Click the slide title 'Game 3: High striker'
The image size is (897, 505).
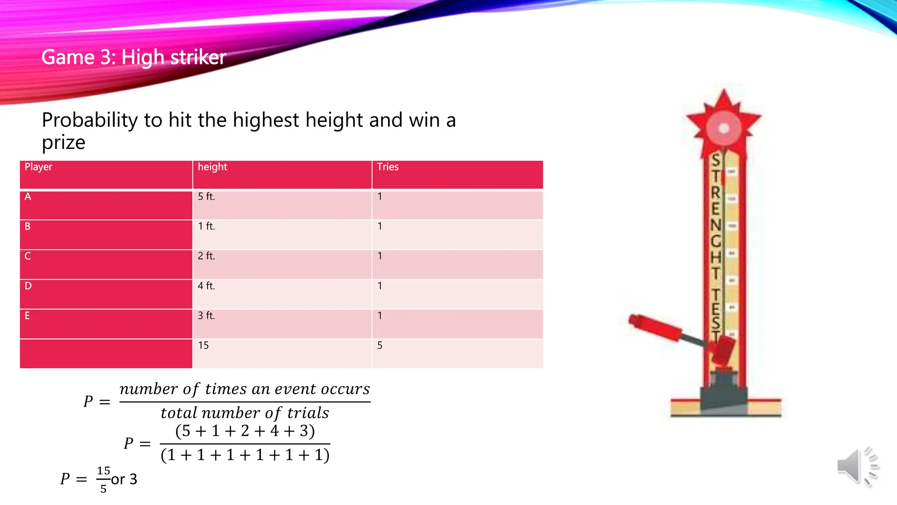click(x=134, y=57)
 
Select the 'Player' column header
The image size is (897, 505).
click(x=39, y=167)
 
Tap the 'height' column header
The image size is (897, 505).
click(x=212, y=167)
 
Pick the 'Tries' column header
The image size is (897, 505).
click(x=388, y=167)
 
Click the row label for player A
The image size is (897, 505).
click(x=28, y=197)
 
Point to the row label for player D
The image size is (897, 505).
click(x=28, y=286)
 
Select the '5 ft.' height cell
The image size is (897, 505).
click(x=206, y=197)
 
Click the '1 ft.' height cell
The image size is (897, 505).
click(x=206, y=227)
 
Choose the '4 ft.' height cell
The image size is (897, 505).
click(x=206, y=286)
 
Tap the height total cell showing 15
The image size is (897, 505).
click(x=203, y=345)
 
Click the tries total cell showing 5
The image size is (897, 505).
click(x=380, y=345)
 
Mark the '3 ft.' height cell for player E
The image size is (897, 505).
click(x=206, y=316)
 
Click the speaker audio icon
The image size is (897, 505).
click(x=858, y=466)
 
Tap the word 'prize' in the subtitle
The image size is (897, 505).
click(x=64, y=142)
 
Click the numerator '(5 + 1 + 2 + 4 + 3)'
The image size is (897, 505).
click(x=245, y=431)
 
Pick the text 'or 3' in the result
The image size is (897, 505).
click(x=124, y=479)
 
